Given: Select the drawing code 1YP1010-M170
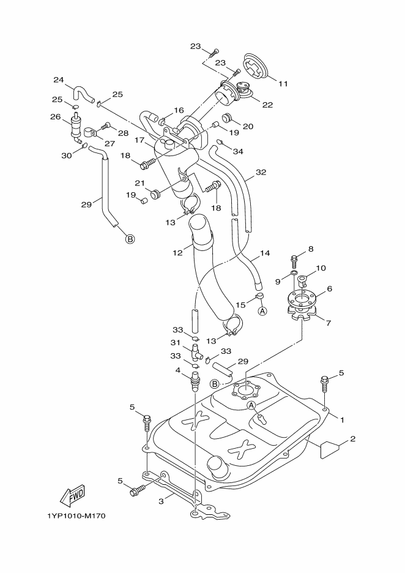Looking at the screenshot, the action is [x=76, y=516].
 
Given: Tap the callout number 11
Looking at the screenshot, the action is [x=283, y=84].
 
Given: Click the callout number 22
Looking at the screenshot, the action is [x=268, y=105].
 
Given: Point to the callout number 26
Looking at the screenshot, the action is [x=55, y=116].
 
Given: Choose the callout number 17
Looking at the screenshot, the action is [x=139, y=140].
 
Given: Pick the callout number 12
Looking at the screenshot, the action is [x=177, y=252].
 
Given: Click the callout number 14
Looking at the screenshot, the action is [x=265, y=252].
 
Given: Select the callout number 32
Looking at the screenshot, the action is [x=261, y=172].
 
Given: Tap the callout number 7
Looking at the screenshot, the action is [x=329, y=323].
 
